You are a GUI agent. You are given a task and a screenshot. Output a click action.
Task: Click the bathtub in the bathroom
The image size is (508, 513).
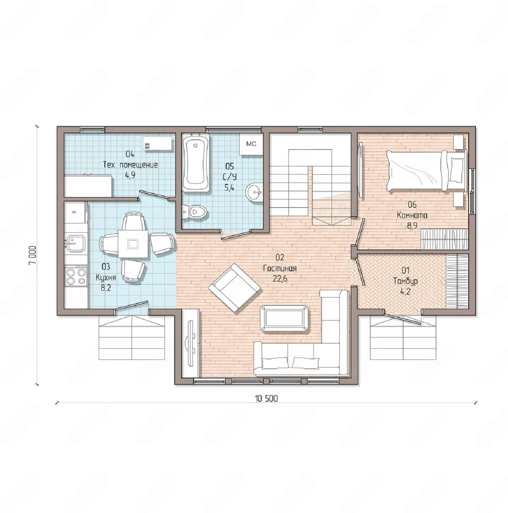(196, 163)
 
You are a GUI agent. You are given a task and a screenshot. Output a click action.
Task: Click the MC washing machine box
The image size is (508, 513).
(251, 144)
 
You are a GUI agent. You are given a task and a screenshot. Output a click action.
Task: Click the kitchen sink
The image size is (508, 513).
(76, 243)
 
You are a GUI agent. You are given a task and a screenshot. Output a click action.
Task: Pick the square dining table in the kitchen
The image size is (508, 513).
(133, 244)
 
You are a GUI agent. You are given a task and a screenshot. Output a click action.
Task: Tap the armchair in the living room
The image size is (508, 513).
(235, 287)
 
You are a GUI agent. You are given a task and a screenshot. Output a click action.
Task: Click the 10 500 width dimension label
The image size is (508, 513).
(266, 398)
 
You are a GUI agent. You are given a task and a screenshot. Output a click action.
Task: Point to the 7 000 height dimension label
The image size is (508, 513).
(32, 255)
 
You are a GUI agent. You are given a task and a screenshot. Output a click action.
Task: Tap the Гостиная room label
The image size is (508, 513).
(280, 268)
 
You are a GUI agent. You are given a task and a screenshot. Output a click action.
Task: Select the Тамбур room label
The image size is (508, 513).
(405, 281)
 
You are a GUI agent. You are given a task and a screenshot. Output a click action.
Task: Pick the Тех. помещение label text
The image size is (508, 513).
(131, 165)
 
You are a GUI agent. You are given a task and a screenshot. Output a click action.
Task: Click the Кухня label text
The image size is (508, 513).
(106, 277)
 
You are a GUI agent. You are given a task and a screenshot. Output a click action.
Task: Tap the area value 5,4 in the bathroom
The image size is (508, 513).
(229, 187)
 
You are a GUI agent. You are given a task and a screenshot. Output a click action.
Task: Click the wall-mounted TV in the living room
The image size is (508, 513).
(191, 342)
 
